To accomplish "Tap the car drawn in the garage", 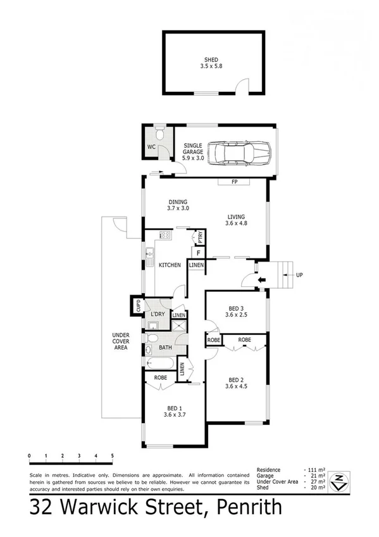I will [240, 152].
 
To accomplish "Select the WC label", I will [151, 148].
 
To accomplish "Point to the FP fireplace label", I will [233, 183].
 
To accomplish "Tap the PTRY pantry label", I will [200, 238].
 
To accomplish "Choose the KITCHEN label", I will [170, 265].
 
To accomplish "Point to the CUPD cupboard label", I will [136, 306].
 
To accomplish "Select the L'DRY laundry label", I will [158, 314].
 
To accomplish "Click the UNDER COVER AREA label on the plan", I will [121, 342].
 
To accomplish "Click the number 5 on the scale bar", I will [112, 455].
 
